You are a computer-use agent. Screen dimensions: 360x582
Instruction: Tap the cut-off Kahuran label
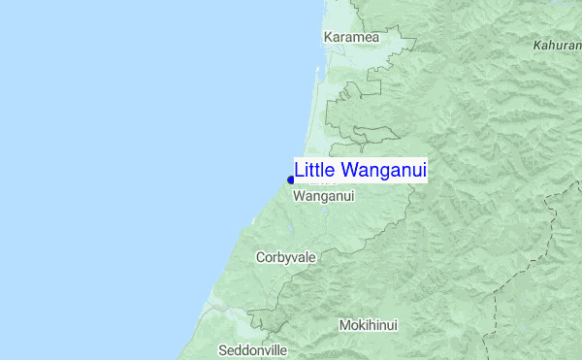pyautogui.click(x=557, y=46)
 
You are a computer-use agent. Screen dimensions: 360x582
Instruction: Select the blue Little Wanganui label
pyautogui.click(x=360, y=170)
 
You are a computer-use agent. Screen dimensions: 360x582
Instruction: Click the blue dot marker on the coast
pyautogui.click(x=291, y=179)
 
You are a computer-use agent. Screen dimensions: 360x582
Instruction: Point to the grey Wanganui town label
pyautogui.click(x=323, y=196)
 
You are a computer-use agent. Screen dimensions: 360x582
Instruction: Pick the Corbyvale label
pyautogui.click(x=286, y=257)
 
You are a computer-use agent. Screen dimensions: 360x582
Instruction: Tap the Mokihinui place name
pyautogui.click(x=369, y=325)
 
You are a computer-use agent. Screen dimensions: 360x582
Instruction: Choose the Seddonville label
pyautogui.click(x=253, y=349)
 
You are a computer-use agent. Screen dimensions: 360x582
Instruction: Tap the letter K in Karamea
pyautogui.click(x=328, y=37)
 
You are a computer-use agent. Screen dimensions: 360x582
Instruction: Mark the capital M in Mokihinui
pyautogui.click(x=344, y=325)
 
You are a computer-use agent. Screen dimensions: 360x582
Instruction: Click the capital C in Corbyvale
pyautogui.click(x=260, y=257)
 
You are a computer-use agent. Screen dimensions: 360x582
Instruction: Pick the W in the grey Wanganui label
pyautogui.click(x=298, y=196)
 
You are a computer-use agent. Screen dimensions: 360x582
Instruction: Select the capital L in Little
pyautogui.click(x=299, y=170)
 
